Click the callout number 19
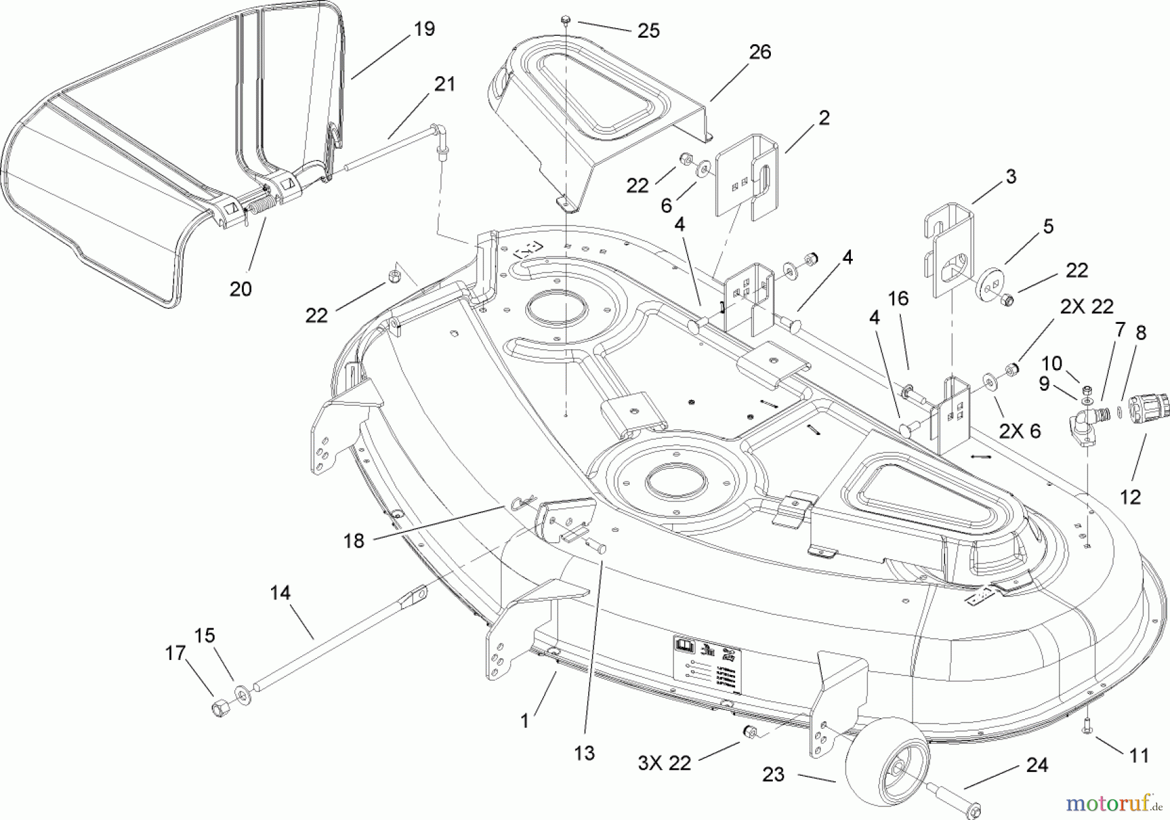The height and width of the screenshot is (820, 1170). [424, 29]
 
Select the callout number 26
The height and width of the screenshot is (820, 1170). [760, 52]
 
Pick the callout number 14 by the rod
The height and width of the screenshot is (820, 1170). [281, 593]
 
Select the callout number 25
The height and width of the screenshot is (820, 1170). [648, 31]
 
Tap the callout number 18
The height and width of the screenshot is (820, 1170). [354, 541]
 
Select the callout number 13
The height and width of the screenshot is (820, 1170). [584, 753]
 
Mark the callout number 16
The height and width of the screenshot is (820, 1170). [898, 299]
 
